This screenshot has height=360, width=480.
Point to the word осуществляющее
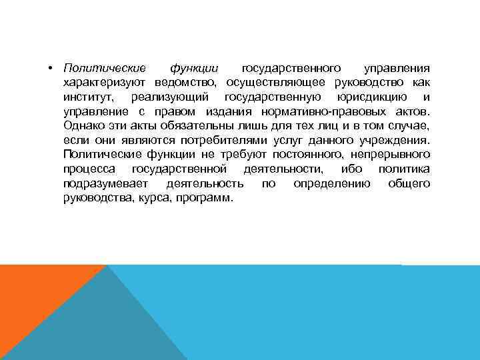point(276,83)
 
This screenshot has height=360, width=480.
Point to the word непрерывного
point(389,155)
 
